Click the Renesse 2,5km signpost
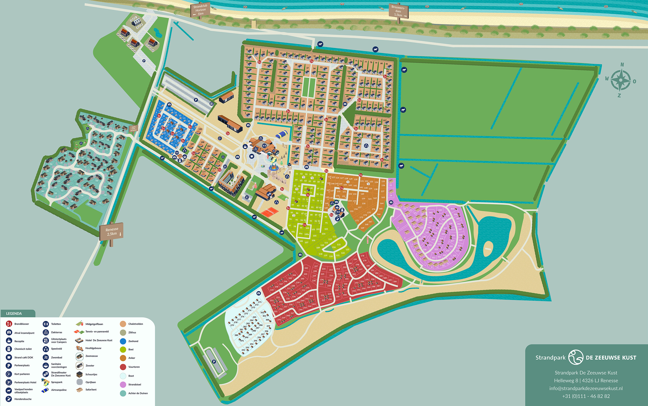coord(111,232)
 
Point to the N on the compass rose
coord(622,65)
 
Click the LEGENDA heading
coord(14,313)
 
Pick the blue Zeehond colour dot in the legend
coord(123,341)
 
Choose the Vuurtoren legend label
coord(134,367)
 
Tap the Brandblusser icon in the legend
coord(9,324)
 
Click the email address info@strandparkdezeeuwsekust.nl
coord(586,388)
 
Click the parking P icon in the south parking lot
coord(214,362)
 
